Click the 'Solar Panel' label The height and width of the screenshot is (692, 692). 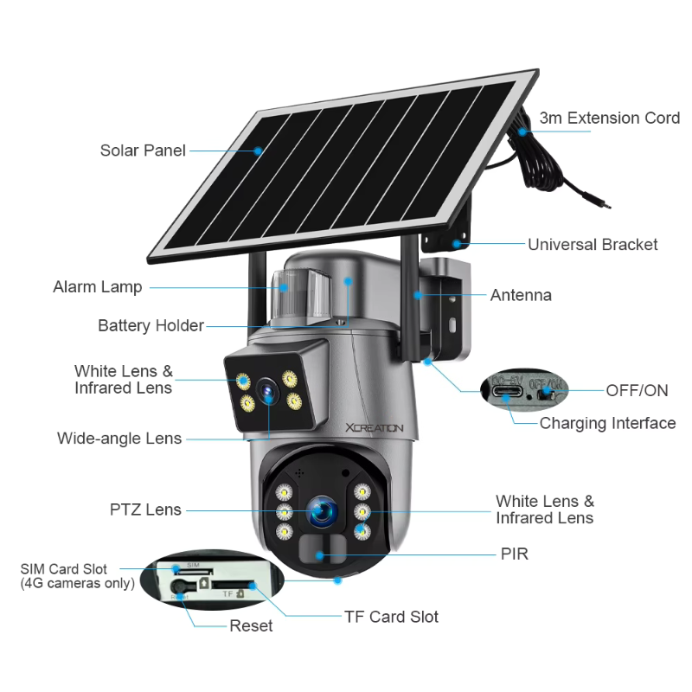click(x=143, y=151)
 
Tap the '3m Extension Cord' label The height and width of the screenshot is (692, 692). click(x=610, y=118)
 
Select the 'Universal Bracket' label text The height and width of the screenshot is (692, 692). click(x=593, y=245)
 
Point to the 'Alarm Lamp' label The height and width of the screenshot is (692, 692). click(x=97, y=286)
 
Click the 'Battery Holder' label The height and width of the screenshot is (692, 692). click(x=151, y=326)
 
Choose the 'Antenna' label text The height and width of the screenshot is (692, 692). click(x=521, y=295)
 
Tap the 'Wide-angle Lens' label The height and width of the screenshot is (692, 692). click(x=119, y=439)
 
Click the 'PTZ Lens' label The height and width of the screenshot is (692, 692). click(x=145, y=509)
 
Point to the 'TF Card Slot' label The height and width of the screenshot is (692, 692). click(x=391, y=617)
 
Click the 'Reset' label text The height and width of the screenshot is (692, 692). click(x=251, y=625)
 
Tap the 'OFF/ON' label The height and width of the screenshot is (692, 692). click(x=637, y=390)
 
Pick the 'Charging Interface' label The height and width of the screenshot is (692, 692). click(x=607, y=423)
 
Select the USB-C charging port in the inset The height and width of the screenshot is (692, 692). click(x=503, y=392)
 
